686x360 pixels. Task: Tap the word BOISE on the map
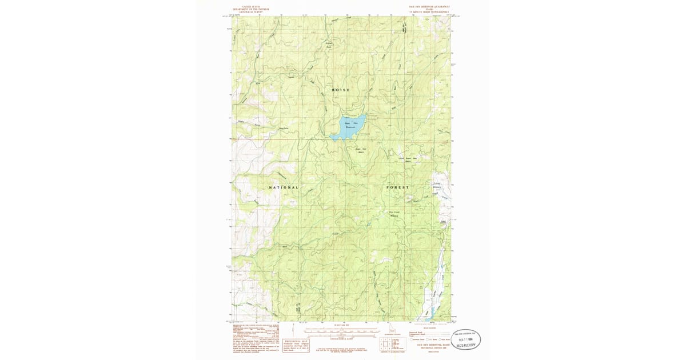pyautogui.click(x=341, y=90)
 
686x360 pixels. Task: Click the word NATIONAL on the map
pyautogui.click(x=284, y=187)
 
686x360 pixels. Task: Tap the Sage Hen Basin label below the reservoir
pyautogui.click(x=361, y=151)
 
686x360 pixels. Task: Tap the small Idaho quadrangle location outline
pyautogui.click(x=392, y=330)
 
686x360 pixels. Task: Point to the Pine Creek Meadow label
pyautogui.click(x=394, y=214)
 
